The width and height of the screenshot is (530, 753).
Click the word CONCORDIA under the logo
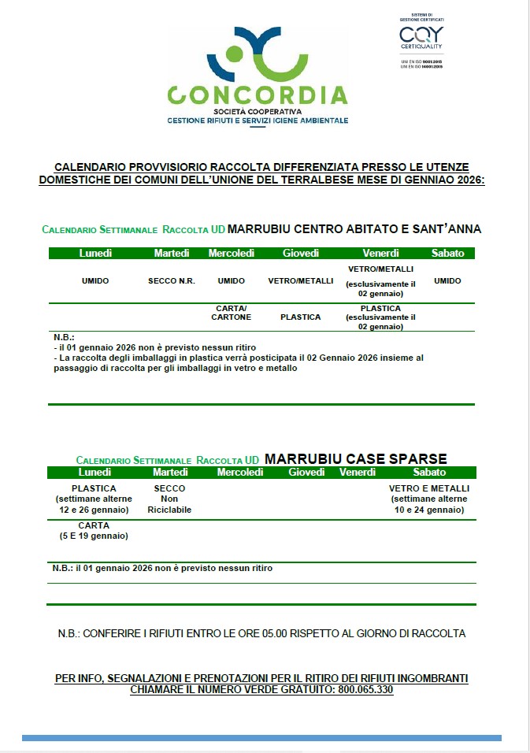pyautogui.click(x=258, y=95)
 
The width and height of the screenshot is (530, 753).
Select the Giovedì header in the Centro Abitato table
pyautogui.click(x=300, y=253)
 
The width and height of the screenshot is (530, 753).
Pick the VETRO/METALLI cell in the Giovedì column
pyautogui.click(x=300, y=281)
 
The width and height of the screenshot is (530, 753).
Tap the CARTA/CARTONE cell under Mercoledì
pyautogui.click(x=232, y=313)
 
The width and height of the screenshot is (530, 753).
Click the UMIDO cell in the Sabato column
pyautogui.click(x=447, y=281)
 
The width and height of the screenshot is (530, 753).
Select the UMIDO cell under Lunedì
pyautogui.click(x=95, y=281)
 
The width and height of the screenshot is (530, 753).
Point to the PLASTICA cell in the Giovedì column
pyautogui.click(x=300, y=317)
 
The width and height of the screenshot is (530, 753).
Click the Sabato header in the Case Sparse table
pyautogui.click(x=429, y=473)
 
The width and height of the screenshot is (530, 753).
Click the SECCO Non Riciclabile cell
pyautogui.click(x=169, y=499)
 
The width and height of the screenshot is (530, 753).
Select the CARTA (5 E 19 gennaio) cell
pyautogui.click(x=94, y=530)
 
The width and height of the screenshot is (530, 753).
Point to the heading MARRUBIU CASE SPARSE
pyautogui.click(x=356, y=458)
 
